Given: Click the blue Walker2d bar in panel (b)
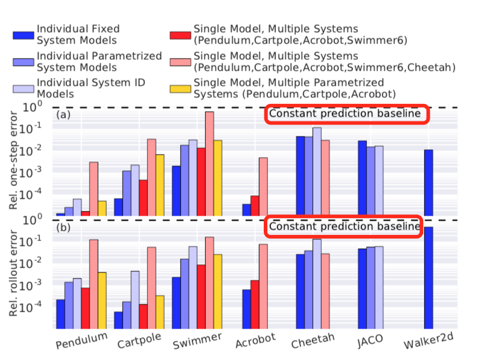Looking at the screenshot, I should click(x=429, y=278).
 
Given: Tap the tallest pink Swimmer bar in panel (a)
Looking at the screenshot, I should click(x=209, y=163).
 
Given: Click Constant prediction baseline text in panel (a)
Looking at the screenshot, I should click(x=345, y=114).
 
